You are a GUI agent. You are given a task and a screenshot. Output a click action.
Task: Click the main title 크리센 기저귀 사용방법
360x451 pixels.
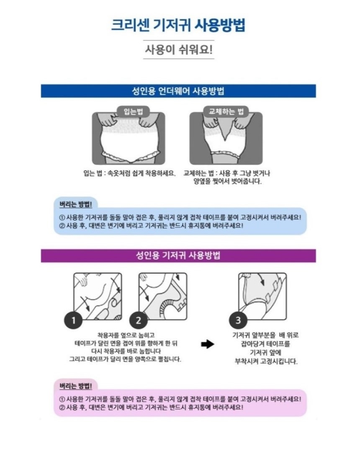178,25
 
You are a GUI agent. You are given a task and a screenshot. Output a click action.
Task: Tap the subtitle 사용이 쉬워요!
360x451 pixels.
179,50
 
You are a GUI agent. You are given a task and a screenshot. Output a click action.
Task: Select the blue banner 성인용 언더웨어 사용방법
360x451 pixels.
178,91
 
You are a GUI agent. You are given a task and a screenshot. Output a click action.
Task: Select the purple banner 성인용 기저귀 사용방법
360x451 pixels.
178,255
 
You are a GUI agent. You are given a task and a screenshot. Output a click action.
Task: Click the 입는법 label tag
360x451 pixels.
133,111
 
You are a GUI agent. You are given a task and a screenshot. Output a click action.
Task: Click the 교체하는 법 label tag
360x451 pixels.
226,111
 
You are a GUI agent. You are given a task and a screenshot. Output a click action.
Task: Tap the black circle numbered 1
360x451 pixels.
74,321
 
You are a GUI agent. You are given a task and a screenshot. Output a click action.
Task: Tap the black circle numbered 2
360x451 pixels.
139,321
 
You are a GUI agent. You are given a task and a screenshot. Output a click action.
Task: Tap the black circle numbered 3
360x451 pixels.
238,321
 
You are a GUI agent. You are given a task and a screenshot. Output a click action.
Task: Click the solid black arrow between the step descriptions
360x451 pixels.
208,344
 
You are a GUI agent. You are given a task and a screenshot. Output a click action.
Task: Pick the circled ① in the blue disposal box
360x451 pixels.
62,217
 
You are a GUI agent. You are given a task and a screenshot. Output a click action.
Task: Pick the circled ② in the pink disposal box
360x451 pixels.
62,407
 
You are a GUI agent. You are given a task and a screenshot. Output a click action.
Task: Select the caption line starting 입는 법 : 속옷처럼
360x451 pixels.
129,173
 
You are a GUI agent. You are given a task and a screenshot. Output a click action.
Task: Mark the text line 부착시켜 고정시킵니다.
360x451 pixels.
266,361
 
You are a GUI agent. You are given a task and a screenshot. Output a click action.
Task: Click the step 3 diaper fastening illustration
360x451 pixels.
262,294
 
